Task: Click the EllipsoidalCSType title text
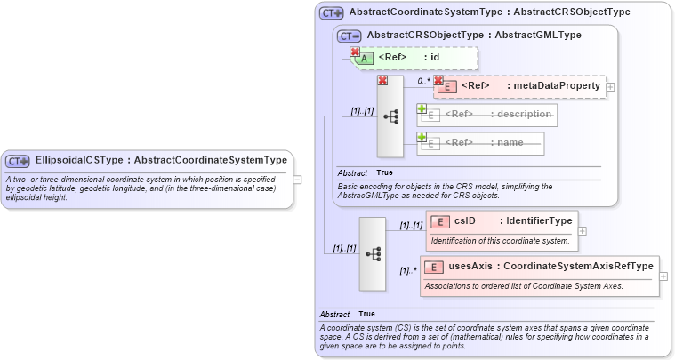pos(160,160)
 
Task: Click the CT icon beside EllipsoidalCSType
pos(18,161)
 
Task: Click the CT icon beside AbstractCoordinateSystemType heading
pos(332,12)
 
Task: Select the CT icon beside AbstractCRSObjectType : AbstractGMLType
pos(350,36)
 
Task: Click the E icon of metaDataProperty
pos(448,86)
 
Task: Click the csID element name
pos(468,220)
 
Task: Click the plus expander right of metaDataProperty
pos(611,86)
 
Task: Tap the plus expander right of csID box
pos(583,230)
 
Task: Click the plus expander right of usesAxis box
pos(663,276)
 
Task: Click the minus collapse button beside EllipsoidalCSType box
pos(297,180)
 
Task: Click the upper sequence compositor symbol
pos(390,116)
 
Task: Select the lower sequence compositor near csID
pos(373,253)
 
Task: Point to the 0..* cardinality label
pos(423,80)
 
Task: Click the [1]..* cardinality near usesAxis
pos(408,271)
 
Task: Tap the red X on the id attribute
pos(355,52)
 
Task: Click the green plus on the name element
pos(422,137)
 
